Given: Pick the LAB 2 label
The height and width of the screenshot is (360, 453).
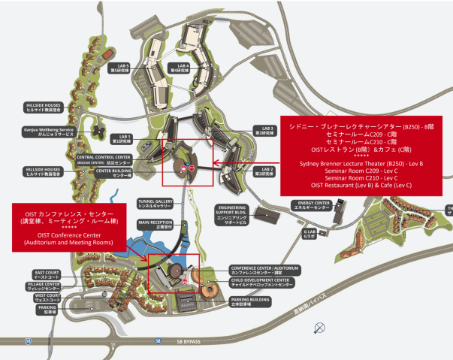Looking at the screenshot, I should pyautogui.click(x=267, y=171).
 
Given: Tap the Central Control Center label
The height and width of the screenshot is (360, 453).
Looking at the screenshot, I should pyautogui.click(x=104, y=159).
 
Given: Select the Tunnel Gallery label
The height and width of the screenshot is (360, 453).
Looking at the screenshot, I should pyautogui.click(x=156, y=203).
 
